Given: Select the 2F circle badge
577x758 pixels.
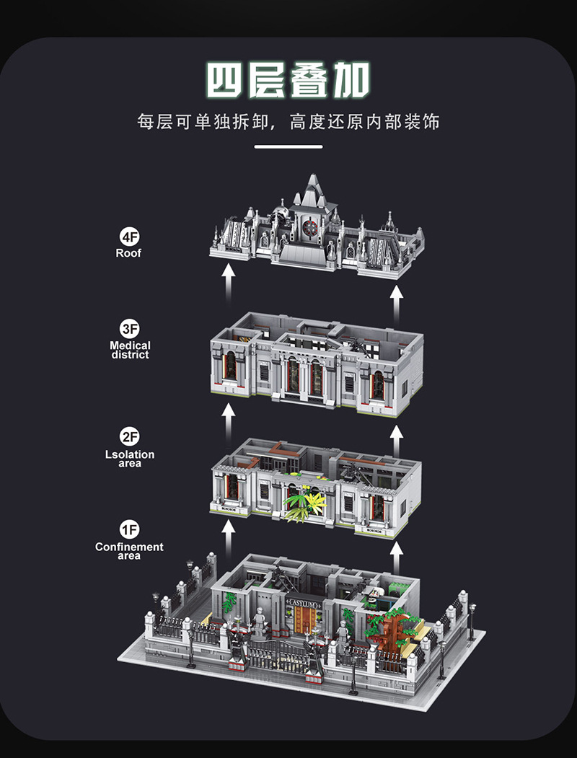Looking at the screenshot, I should click(130, 437).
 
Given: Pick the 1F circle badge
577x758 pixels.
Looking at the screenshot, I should click(129, 530).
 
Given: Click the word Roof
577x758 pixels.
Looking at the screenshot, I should click(128, 253).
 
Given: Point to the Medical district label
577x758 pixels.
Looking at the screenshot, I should click(130, 351).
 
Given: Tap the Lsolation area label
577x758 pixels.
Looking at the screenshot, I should click(130, 459).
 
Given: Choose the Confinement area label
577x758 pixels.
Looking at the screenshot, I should click(129, 551).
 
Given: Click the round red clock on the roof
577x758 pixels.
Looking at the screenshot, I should click(311, 226).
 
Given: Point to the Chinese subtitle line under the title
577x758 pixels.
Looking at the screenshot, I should click(288, 121).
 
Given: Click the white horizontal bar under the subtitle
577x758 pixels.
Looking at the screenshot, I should click(288, 147).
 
